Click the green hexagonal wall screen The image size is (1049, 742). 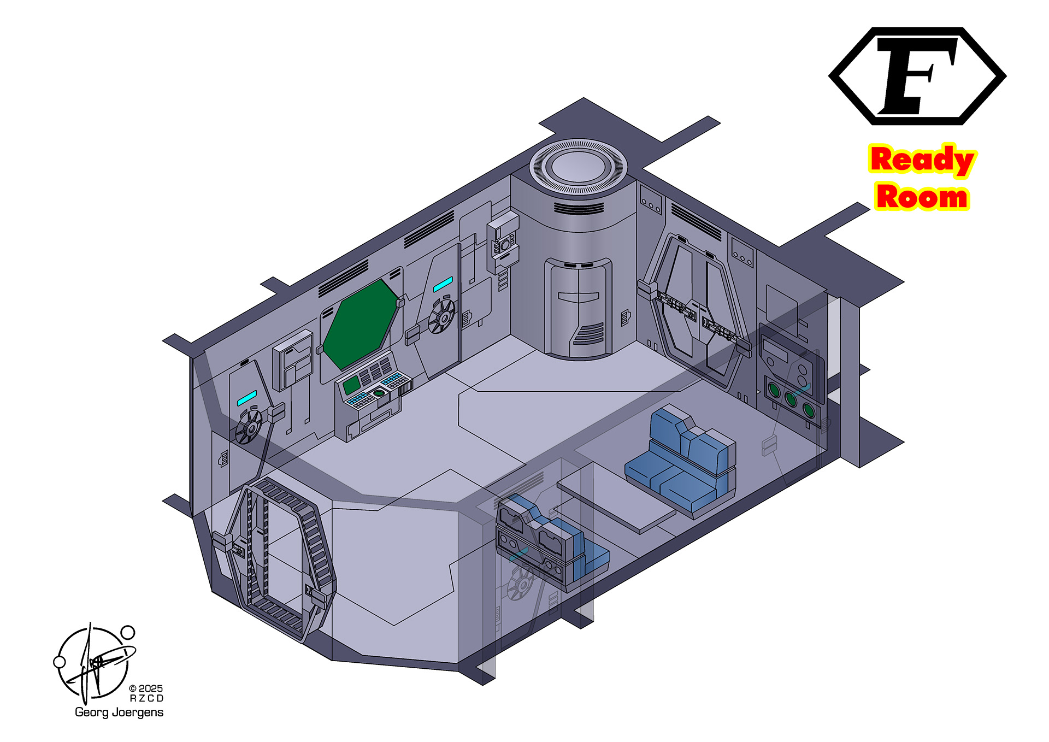click(x=361, y=325)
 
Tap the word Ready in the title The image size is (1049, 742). click(x=922, y=160)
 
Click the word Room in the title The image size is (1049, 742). click(x=922, y=197)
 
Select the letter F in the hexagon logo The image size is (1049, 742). click(x=917, y=75)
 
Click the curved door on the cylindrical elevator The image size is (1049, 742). click(x=578, y=309)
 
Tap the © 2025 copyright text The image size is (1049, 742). click(x=145, y=688)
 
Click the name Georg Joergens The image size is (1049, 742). click(x=119, y=712)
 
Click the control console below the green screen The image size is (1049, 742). click(x=372, y=394)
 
